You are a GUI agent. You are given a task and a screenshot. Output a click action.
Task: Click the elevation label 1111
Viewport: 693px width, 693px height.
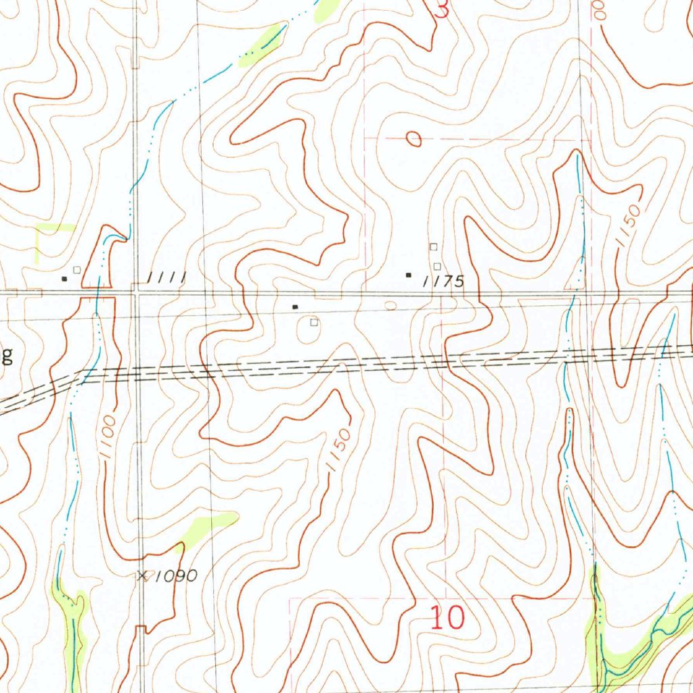(166, 277)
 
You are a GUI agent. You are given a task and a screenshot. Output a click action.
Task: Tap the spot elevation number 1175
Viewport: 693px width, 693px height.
(444, 282)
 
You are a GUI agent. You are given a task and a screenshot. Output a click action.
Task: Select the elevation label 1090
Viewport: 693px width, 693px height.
(175, 576)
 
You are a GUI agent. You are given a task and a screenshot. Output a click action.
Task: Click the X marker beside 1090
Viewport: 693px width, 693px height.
(142, 576)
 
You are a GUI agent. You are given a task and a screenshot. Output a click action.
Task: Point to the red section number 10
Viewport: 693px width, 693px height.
(447, 618)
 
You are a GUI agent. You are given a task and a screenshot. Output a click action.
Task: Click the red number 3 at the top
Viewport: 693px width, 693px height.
(442, 9)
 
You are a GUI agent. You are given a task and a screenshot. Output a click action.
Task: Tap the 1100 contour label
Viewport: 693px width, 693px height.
(110, 439)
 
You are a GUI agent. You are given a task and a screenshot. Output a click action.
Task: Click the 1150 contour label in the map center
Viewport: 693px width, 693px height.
(338, 449)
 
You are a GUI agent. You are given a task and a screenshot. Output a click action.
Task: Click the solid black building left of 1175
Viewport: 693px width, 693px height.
(408, 275)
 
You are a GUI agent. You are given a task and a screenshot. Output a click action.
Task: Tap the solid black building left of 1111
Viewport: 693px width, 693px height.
(65, 278)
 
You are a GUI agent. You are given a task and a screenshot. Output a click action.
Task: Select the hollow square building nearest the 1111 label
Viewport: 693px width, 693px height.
(77, 269)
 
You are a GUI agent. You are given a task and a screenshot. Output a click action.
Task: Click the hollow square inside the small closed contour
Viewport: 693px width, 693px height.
(314, 323)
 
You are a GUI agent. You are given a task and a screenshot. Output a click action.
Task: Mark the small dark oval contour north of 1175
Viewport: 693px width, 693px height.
(413, 139)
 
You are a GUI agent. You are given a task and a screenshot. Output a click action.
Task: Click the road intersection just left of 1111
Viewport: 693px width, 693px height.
(137, 293)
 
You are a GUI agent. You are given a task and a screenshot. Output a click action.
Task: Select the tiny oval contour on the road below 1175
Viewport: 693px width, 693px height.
(390, 305)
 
